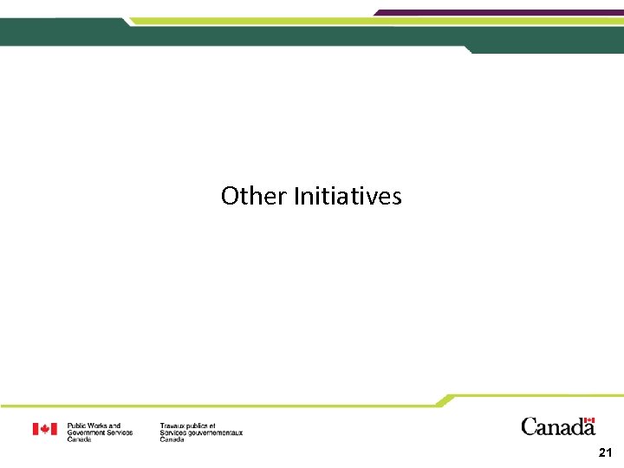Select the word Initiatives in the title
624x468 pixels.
tap(348, 196)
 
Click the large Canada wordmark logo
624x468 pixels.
tap(557, 426)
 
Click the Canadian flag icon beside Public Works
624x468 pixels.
tap(45, 429)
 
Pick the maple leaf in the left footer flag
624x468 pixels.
tap(45, 429)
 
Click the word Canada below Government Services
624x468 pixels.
tap(79, 439)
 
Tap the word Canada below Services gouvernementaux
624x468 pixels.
tap(172, 439)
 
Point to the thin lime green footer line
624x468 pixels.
tap(217, 406)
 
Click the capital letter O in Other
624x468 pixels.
tap(229, 196)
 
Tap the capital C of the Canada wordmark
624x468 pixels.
tap(529, 426)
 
